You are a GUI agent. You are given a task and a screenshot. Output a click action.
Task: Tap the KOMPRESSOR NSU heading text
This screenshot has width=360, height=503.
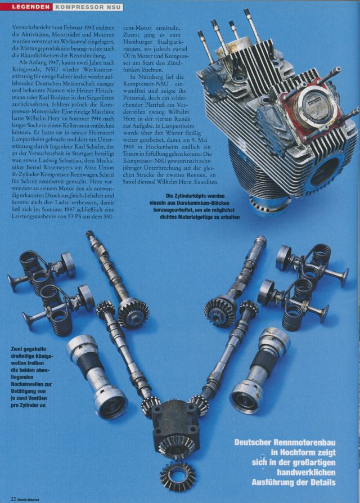[87, 7]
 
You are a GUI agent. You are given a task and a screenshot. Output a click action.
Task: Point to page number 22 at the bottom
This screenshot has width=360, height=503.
[13, 499]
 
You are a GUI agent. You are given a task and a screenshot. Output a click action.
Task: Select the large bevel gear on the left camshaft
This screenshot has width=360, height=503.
[133, 312]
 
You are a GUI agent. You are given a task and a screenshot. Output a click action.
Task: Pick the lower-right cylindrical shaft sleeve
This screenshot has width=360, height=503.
[260, 371]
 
